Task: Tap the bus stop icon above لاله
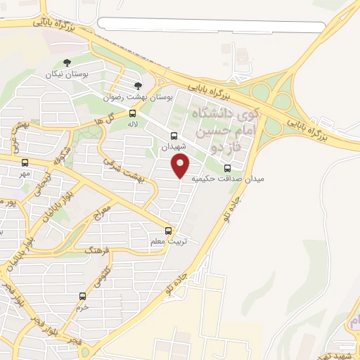(133, 113)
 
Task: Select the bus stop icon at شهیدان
(174, 136)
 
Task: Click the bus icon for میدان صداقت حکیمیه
(227, 168)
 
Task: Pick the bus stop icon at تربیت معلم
(168, 230)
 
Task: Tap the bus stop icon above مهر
(25, 162)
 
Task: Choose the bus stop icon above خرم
(83, 296)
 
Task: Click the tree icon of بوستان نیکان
(67, 63)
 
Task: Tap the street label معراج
(103, 210)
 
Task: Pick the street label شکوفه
(62, 154)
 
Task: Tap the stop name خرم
(82, 307)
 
